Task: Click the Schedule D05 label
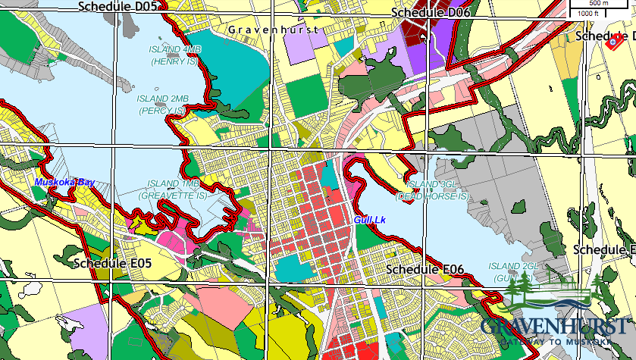(117, 7)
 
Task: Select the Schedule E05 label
(114, 263)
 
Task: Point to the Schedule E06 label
(425, 269)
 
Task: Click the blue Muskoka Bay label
(64, 183)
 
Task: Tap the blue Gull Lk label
(370, 220)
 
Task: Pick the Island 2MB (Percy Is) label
(162, 105)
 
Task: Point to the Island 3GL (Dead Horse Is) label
(438, 190)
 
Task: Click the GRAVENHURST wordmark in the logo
(553, 327)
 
